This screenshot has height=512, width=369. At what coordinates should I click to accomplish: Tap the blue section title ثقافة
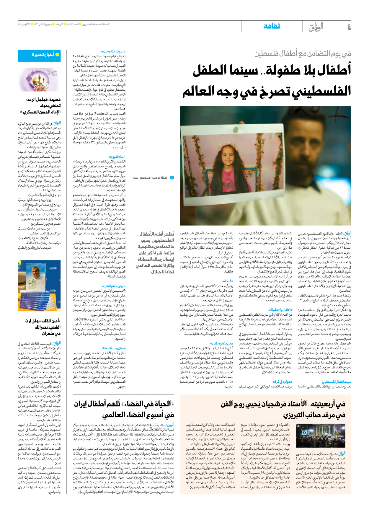click(272, 26)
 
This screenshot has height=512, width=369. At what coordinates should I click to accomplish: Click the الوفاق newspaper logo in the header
click(316, 27)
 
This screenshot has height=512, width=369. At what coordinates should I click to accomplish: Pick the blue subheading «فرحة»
click(228, 281)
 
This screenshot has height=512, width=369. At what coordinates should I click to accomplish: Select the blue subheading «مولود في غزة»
click(283, 382)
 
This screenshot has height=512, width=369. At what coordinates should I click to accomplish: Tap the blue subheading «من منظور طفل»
click(222, 343)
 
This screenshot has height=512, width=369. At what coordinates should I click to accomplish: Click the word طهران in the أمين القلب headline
click(48, 333)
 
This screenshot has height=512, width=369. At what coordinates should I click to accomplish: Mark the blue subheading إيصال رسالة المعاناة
click(114, 348)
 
